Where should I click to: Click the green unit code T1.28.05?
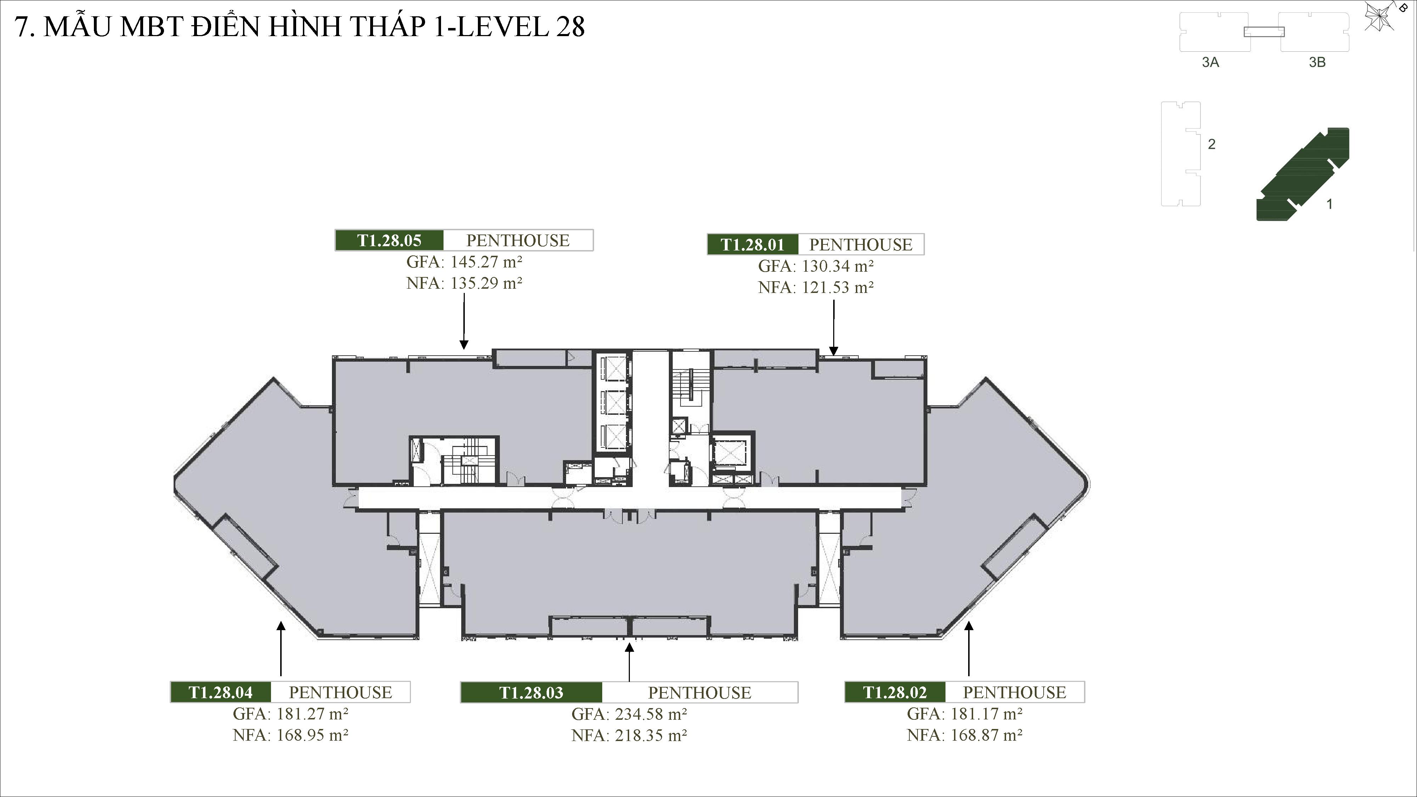(389, 241)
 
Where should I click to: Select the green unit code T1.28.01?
(752, 244)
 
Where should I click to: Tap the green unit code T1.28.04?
(220, 692)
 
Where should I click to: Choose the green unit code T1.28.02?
(894, 692)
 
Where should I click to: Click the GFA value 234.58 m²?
(650, 714)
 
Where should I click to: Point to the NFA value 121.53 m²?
(837, 287)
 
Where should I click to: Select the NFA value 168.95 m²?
(312, 735)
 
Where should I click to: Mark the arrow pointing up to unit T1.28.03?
(629, 662)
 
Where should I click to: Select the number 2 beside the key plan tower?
(1211, 144)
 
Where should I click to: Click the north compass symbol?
(1380, 17)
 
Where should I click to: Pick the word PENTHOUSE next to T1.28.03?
(699, 693)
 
